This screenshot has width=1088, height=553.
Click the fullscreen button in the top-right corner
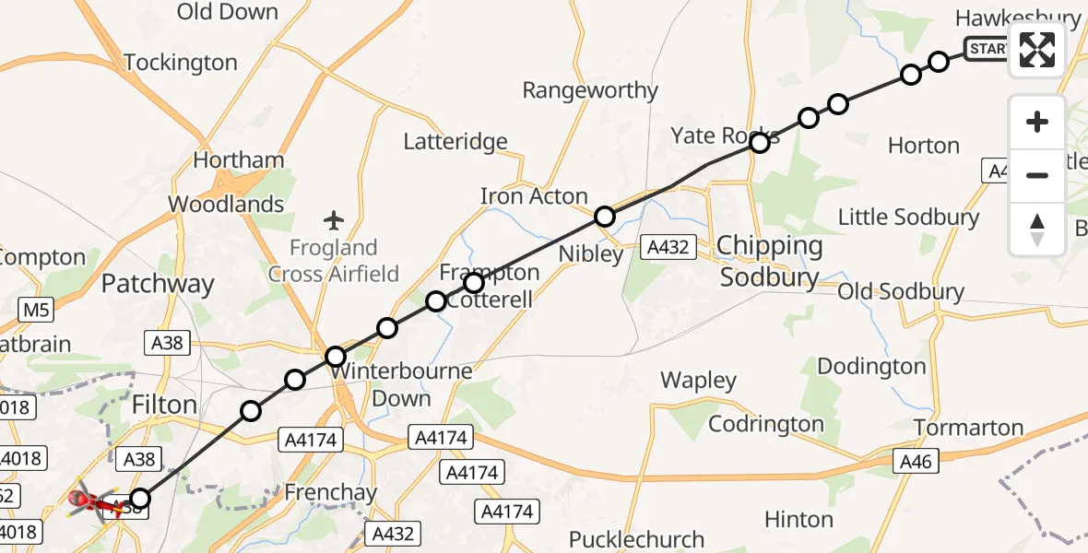pos(1037,50)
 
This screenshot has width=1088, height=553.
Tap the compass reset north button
pos(1037,229)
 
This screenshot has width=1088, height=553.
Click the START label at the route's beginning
pos(987,48)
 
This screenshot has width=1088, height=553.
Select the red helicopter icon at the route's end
pos(92,502)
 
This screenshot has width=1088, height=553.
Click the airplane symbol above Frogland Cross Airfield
pos(334,220)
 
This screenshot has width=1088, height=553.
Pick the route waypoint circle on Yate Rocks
pos(760,143)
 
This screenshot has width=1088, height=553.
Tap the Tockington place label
pos(180,63)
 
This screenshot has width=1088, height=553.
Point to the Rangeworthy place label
pos(589,90)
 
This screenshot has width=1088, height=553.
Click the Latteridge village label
pos(455,141)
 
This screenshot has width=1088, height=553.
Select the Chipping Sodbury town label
pos(769,262)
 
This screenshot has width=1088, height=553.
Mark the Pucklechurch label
pos(636,539)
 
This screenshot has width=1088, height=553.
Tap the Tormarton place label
pos(968,428)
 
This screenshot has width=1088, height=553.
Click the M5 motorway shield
pos(35,311)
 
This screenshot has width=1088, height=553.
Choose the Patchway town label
pos(157,284)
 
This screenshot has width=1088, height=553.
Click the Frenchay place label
pos(330,492)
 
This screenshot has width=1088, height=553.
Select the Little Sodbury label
pos(908,218)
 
